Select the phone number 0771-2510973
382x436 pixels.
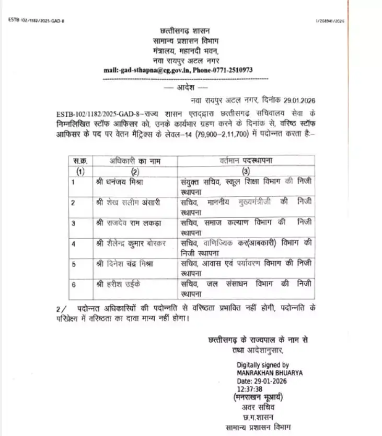pos(229,70)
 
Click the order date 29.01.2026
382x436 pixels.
pos(296,99)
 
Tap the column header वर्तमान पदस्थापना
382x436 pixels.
pos(246,161)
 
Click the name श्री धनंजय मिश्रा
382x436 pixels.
pos(124,182)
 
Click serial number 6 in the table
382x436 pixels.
pos(74,284)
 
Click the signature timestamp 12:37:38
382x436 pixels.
pos(251,389)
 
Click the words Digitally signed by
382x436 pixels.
pos(262,365)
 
